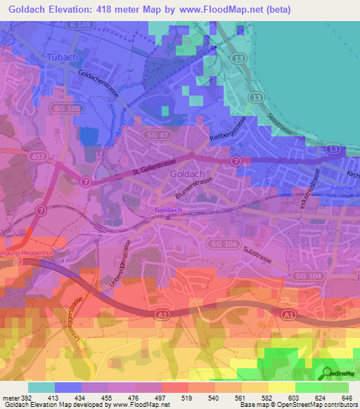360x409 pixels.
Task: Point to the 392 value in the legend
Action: pos(27,397)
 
